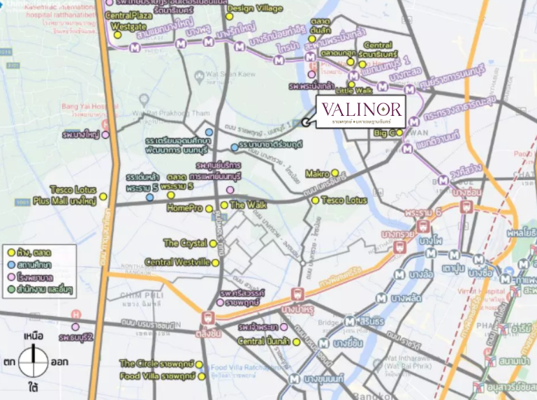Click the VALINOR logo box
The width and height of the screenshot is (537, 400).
(x=361, y=112)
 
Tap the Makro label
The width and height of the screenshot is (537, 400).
(x=317, y=173)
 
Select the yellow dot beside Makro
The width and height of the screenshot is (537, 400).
(x=335, y=173)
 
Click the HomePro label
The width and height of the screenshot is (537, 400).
(x=184, y=208)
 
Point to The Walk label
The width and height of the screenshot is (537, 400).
(x=248, y=205)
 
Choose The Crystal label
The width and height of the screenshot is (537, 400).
(x=185, y=243)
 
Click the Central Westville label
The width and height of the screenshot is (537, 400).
(x=177, y=262)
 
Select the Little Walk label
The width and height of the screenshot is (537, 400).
(x=354, y=91)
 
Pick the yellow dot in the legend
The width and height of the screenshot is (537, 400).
(x=11, y=251)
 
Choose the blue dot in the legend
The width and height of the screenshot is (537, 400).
(x=11, y=264)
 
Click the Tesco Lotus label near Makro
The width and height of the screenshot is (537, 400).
(x=344, y=200)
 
